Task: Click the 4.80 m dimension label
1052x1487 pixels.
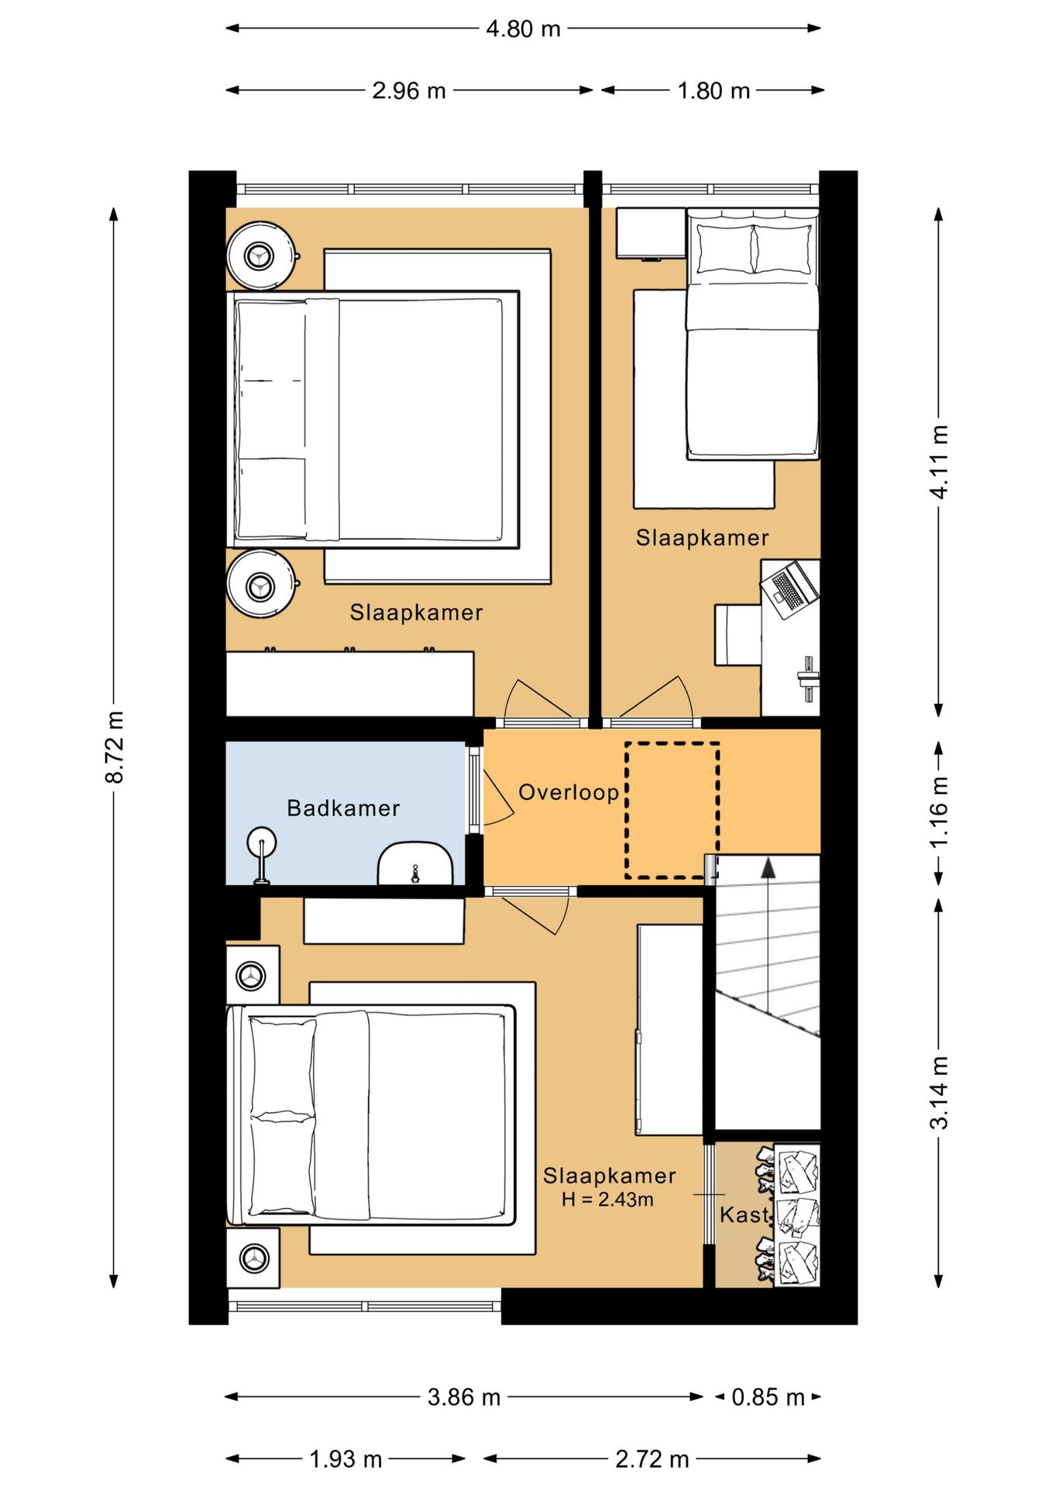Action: tap(523, 29)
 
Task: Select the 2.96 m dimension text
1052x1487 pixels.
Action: tap(409, 91)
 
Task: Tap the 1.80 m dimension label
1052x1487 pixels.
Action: tap(713, 91)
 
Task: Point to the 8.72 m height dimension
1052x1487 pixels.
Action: tap(115, 747)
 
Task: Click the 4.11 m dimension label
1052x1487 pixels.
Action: tap(939, 462)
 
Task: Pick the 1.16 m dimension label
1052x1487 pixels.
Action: tap(939, 812)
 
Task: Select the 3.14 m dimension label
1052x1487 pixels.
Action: tap(939, 1093)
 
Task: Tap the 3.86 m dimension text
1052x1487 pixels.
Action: tap(464, 1397)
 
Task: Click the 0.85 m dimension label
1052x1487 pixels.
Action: tap(768, 1397)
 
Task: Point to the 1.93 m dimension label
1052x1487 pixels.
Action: tap(346, 1460)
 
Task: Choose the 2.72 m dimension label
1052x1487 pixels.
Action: tap(652, 1460)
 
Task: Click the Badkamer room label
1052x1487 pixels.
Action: tap(343, 809)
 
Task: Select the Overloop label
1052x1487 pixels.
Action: tap(569, 792)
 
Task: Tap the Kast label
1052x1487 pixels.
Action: tap(744, 1214)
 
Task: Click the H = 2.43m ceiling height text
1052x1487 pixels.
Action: tap(607, 1200)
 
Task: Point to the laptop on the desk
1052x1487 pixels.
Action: tap(789, 589)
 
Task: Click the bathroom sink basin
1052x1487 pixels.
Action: tap(415, 864)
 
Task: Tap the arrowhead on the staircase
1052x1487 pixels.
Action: tap(768, 867)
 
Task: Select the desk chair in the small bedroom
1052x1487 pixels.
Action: tap(737, 635)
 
